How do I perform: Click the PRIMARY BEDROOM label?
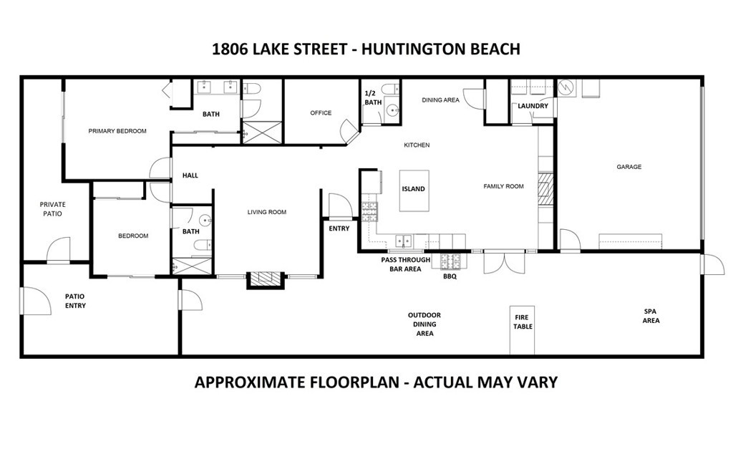117,131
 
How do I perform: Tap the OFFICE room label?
321,112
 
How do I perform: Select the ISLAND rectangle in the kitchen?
414,190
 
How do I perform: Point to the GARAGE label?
628,166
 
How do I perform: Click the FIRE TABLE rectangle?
522,330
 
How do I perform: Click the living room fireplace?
265,279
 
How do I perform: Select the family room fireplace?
545,189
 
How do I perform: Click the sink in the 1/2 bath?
392,110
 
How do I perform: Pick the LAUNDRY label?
533,106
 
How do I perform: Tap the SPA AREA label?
651,316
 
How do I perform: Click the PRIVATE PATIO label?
52,209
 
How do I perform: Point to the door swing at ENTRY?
340,206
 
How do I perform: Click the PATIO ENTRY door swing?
36,301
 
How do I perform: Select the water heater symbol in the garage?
567,88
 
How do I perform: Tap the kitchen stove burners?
369,212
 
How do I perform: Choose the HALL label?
190,175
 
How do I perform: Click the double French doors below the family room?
503,263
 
